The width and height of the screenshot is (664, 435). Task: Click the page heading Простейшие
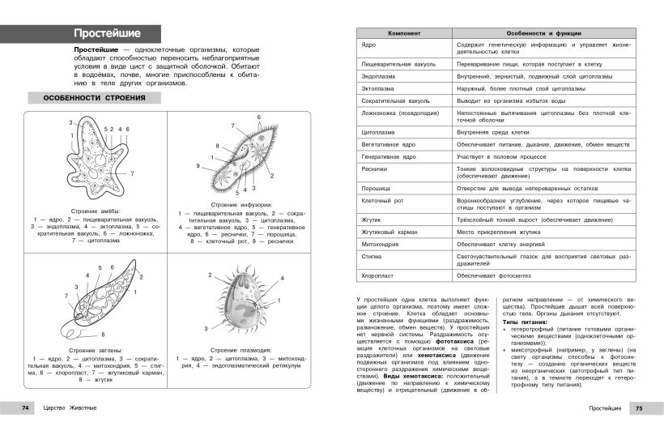(107, 33)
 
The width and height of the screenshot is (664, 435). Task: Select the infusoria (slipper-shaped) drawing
(243, 159)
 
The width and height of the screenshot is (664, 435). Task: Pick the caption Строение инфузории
(242, 205)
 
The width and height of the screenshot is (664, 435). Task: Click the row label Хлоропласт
(379, 275)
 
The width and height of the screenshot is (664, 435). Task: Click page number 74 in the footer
(26, 407)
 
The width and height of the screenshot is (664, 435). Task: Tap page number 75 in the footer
(637, 407)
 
